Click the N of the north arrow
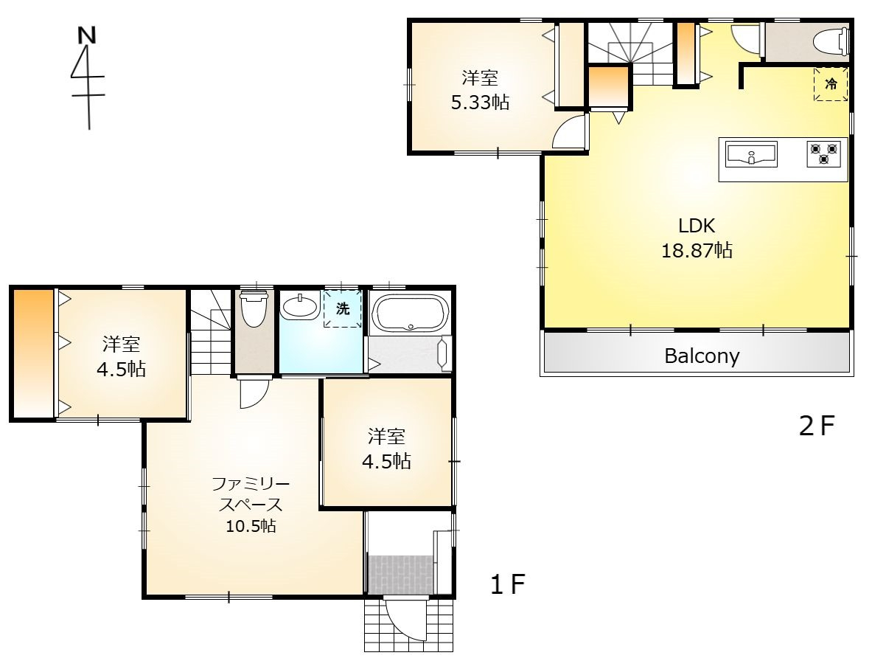pyautogui.click(x=86, y=35)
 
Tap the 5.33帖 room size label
pyautogui.click(x=480, y=103)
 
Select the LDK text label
pyautogui.click(x=697, y=225)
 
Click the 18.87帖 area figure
pyautogui.click(x=697, y=250)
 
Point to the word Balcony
pyautogui.click(x=702, y=356)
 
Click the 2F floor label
pyautogui.click(x=817, y=426)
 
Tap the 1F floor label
pyautogui.click(x=507, y=584)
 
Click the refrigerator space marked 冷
pyautogui.click(x=831, y=84)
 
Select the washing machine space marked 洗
pyautogui.click(x=343, y=308)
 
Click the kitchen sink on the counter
pyautogui.click(x=751, y=153)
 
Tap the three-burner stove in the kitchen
pyautogui.click(x=823, y=153)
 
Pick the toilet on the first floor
pyautogui.click(x=254, y=309)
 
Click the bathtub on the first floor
pyautogui.click(x=411, y=313)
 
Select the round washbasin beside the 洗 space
pyautogui.click(x=300, y=307)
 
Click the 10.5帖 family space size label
pyautogui.click(x=251, y=526)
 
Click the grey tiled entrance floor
pyautogui.click(x=400, y=575)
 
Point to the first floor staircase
pyautogui.click(x=211, y=332)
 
